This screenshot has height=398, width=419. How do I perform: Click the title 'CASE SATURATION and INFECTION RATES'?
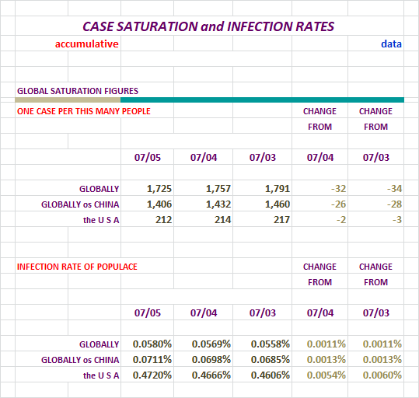(x=208, y=26)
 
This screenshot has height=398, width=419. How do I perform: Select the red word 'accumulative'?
(x=86, y=44)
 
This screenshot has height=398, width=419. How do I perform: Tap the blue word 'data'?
(x=391, y=44)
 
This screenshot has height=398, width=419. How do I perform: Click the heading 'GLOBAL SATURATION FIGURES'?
(x=78, y=91)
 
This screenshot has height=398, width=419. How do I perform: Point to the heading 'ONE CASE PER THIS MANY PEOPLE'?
(x=84, y=111)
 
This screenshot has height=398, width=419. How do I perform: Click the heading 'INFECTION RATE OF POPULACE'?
(x=77, y=267)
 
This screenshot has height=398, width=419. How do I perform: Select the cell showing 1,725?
(x=159, y=189)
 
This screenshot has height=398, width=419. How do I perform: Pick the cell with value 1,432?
(x=218, y=204)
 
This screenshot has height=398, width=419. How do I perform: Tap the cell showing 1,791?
(x=278, y=189)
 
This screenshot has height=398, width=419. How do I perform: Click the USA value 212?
(x=163, y=220)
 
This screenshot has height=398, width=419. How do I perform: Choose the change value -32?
(x=339, y=189)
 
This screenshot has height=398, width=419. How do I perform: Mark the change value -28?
(x=394, y=204)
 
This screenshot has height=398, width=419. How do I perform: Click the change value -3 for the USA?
(x=397, y=220)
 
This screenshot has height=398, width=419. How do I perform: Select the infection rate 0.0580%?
(x=152, y=344)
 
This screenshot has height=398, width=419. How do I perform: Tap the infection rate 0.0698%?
(x=211, y=359)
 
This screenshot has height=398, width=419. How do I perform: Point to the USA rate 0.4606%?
(x=271, y=375)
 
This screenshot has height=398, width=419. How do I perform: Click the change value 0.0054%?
(x=326, y=375)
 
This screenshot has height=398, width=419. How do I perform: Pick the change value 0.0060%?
(x=382, y=375)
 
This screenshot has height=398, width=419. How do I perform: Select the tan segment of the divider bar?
(x=68, y=99)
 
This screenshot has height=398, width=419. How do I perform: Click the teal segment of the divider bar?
(x=262, y=99)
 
